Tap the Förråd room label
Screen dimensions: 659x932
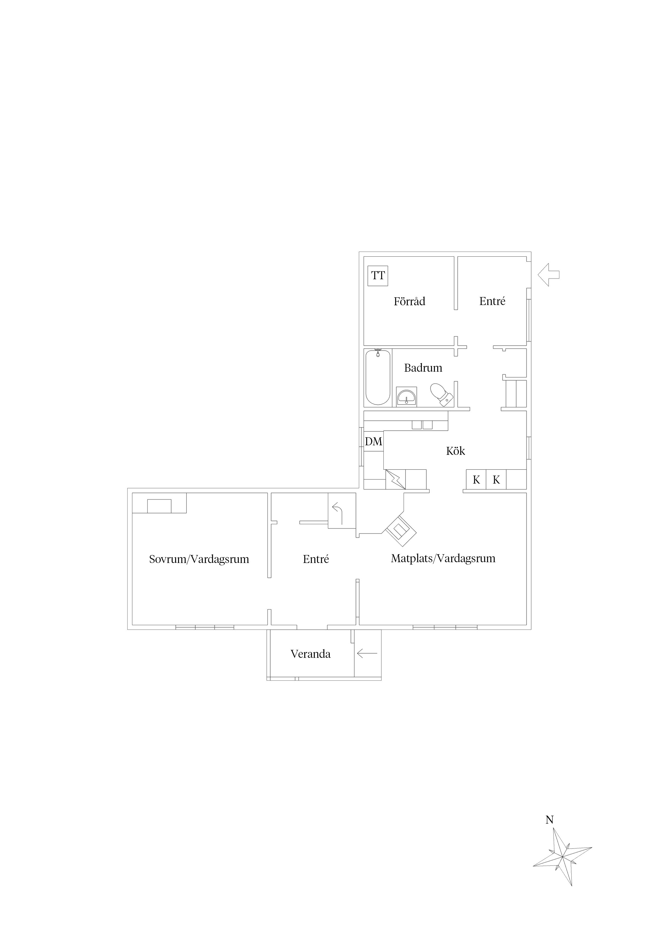pos(409,301)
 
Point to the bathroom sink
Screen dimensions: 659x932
pos(407,397)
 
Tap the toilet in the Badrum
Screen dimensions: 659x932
pos(441,394)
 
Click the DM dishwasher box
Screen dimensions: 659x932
pos(374,441)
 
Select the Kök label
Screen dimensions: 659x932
pos(455,451)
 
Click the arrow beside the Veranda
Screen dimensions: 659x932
pos(367,653)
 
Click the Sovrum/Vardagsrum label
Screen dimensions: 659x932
pos(199,559)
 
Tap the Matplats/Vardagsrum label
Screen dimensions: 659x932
pos(443,558)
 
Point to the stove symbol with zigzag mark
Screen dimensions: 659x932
pos(395,479)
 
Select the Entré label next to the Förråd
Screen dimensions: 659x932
pos(492,301)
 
